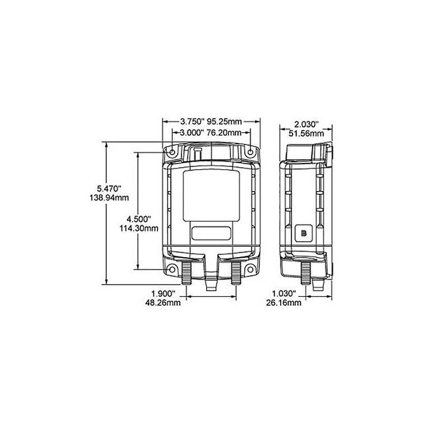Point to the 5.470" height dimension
(x=109, y=188)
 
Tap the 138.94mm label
(x=109, y=198)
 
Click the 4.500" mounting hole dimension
(x=138, y=219)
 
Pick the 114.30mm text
(x=138, y=228)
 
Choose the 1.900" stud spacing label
(x=163, y=293)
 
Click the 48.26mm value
(x=163, y=303)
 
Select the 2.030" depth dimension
(x=306, y=124)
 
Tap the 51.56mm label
(x=306, y=133)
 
